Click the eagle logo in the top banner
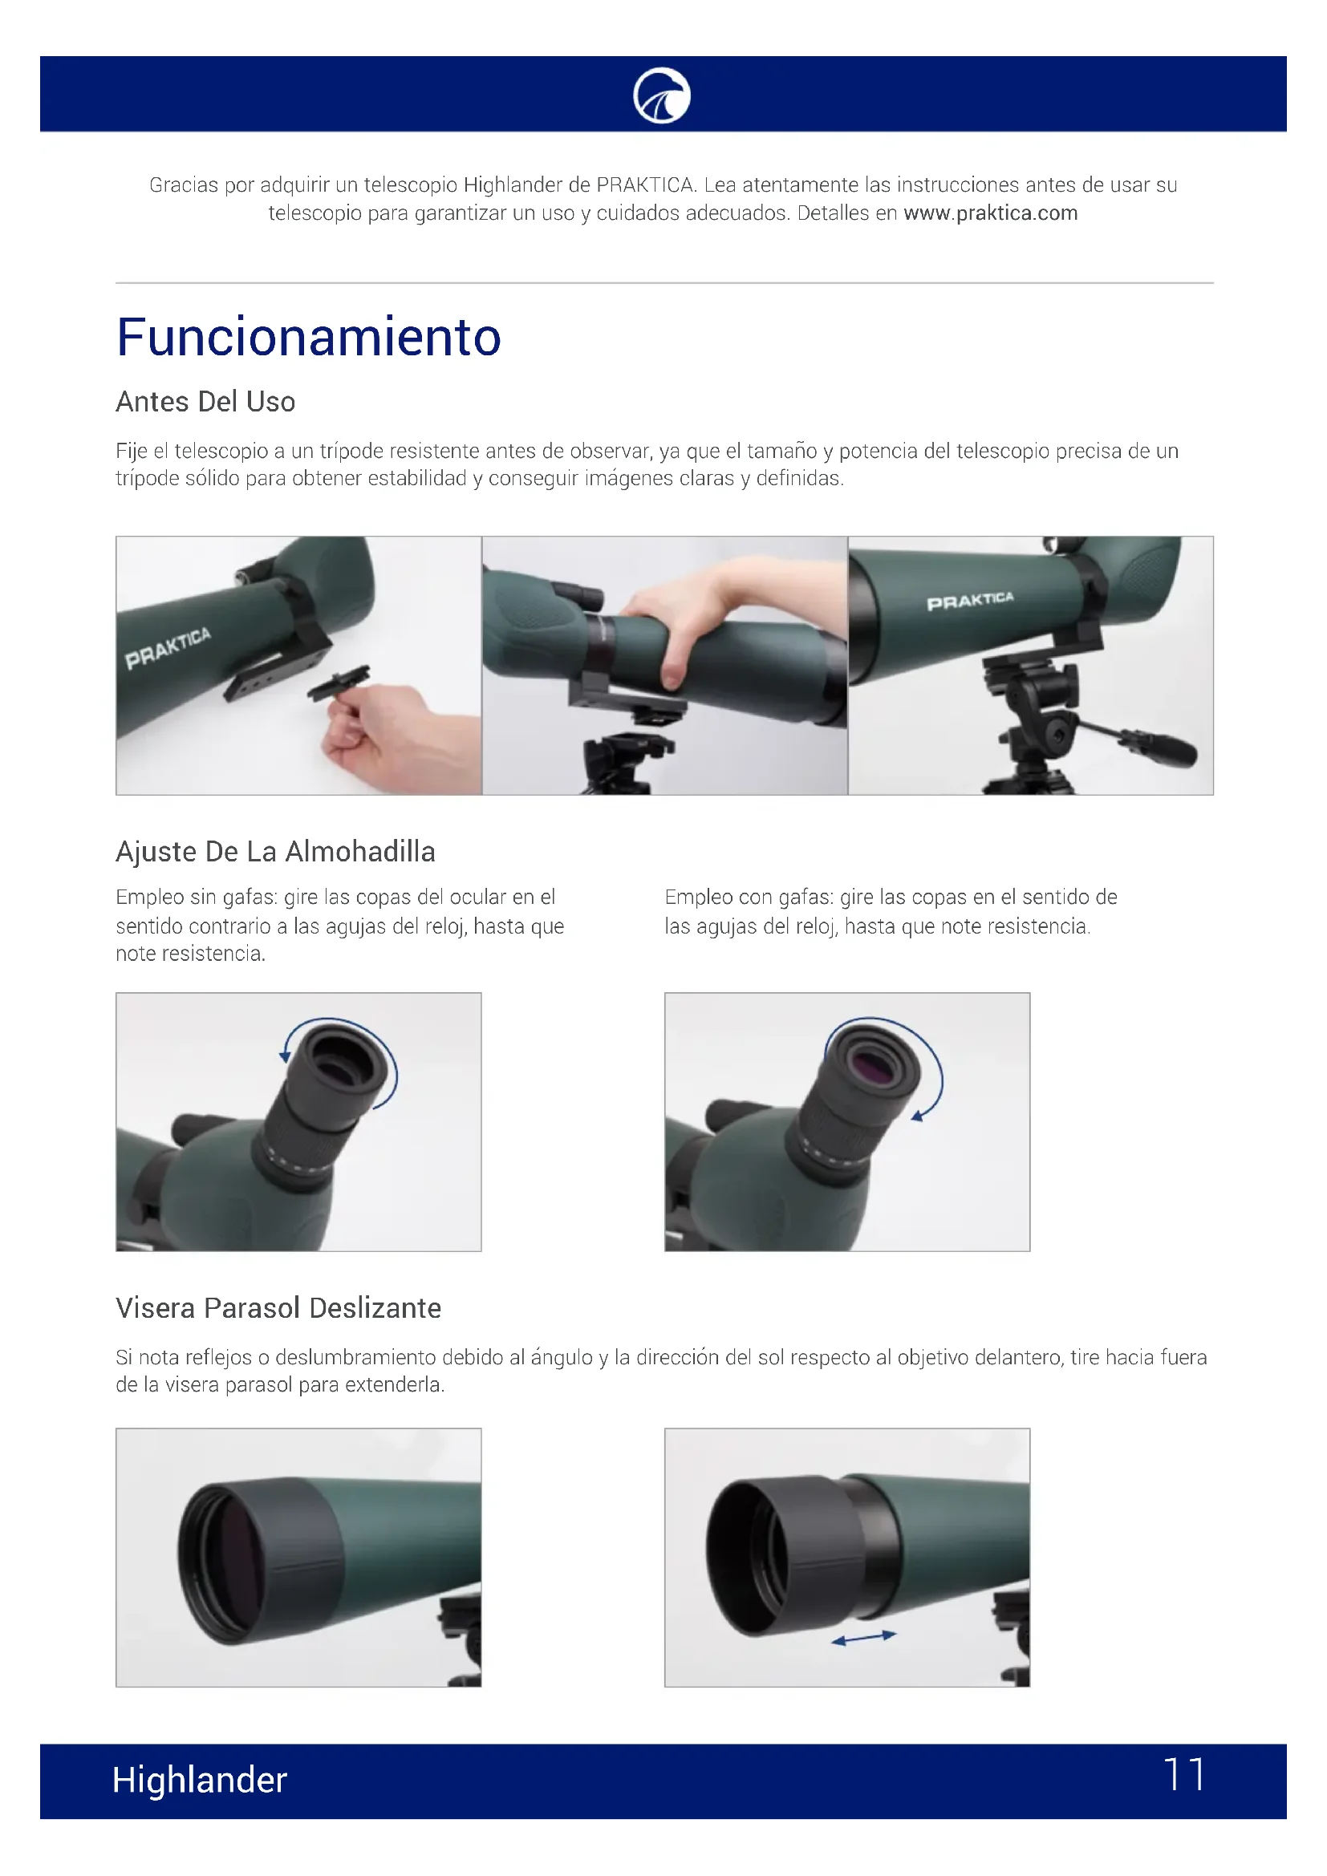[662, 95]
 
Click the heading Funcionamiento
[308, 337]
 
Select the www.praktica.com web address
[990, 213]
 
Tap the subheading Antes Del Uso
[205, 402]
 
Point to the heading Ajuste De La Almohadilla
[275, 852]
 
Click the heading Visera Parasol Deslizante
[278, 1308]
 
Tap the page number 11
[1184, 1775]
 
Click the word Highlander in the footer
[200, 1780]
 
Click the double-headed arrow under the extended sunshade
[864, 1638]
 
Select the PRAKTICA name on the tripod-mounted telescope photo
[970, 602]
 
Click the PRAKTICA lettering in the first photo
[168, 648]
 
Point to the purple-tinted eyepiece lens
[872, 1064]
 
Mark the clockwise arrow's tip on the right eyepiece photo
[917, 1116]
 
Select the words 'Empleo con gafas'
[748, 898]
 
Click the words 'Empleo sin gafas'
[195, 898]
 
